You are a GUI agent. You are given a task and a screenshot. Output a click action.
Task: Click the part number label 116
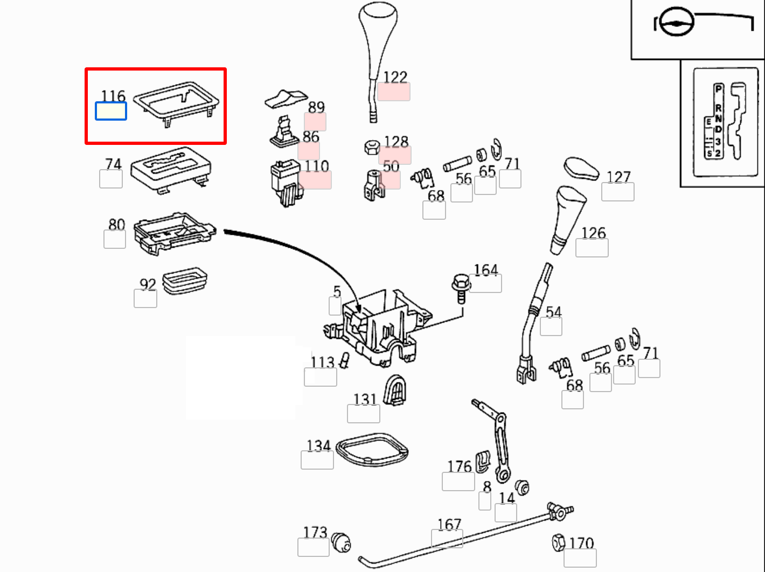[x=113, y=96]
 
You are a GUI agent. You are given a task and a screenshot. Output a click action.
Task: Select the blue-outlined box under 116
[x=111, y=111]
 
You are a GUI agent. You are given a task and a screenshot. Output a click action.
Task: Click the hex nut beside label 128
[x=372, y=147]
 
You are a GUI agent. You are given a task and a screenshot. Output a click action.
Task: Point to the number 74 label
[x=113, y=164]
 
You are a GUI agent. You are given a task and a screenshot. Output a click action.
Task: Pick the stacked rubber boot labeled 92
[x=185, y=280]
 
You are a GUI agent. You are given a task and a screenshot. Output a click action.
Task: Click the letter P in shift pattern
[x=718, y=88]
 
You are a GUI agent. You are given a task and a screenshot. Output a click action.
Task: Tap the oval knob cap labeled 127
[x=581, y=169]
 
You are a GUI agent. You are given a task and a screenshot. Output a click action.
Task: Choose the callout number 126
[x=593, y=233]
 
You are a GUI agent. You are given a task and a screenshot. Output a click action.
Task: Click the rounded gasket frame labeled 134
[x=372, y=449]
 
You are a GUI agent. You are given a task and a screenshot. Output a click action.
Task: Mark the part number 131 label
[x=365, y=399]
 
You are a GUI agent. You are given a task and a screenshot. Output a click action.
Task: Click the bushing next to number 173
[x=340, y=542]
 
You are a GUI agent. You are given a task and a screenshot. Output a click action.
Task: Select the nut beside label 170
[x=559, y=542]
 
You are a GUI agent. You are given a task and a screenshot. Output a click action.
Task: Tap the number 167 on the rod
[x=449, y=524]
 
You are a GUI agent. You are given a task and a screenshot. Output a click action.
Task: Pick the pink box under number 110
[x=316, y=180]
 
